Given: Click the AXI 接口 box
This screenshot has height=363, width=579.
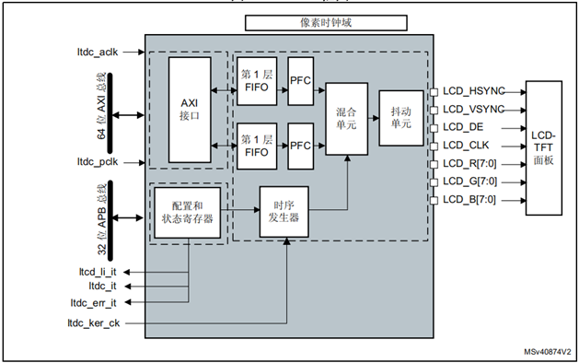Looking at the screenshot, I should click(x=189, y=110).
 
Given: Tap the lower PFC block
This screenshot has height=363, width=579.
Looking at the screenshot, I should click(x=301, y=146).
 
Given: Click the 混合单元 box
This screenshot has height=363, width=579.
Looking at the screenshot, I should click(x=347, y=117).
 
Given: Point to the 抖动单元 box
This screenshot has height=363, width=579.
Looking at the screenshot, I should click(x=400, y=117).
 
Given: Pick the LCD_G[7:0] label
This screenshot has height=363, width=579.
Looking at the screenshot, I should click(x=469, y=181).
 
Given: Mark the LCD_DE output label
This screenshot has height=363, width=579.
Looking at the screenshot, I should click(x=462, y=127).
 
